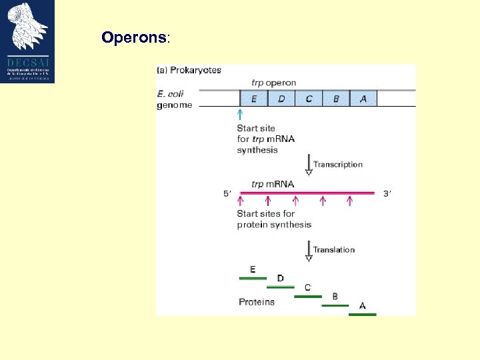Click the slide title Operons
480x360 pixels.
tap(134, 37)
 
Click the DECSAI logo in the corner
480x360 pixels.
tap(27, 41)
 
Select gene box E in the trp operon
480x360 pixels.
tap(253, 99)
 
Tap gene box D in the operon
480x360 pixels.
tap(281, 99)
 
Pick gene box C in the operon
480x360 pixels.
tap(309, 99)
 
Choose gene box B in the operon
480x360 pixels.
tap(336, 99)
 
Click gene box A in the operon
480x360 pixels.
tap(363, 99)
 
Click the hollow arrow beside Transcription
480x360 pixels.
tap(308, 165)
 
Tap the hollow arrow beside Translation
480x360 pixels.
tap(308, 251)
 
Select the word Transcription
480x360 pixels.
tap(338, 165)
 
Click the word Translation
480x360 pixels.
tap(334, 250)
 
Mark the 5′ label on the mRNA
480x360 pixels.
tap(227, 194)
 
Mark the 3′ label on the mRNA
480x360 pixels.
tap(387, 194)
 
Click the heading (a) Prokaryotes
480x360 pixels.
tap(189, 70)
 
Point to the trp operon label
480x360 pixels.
tap(274, 83)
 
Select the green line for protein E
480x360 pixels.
tap(253, 278)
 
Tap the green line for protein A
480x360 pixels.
tap(363, 314)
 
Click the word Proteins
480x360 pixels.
tap(257, 302)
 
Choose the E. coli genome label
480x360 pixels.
tap(175, 99)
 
